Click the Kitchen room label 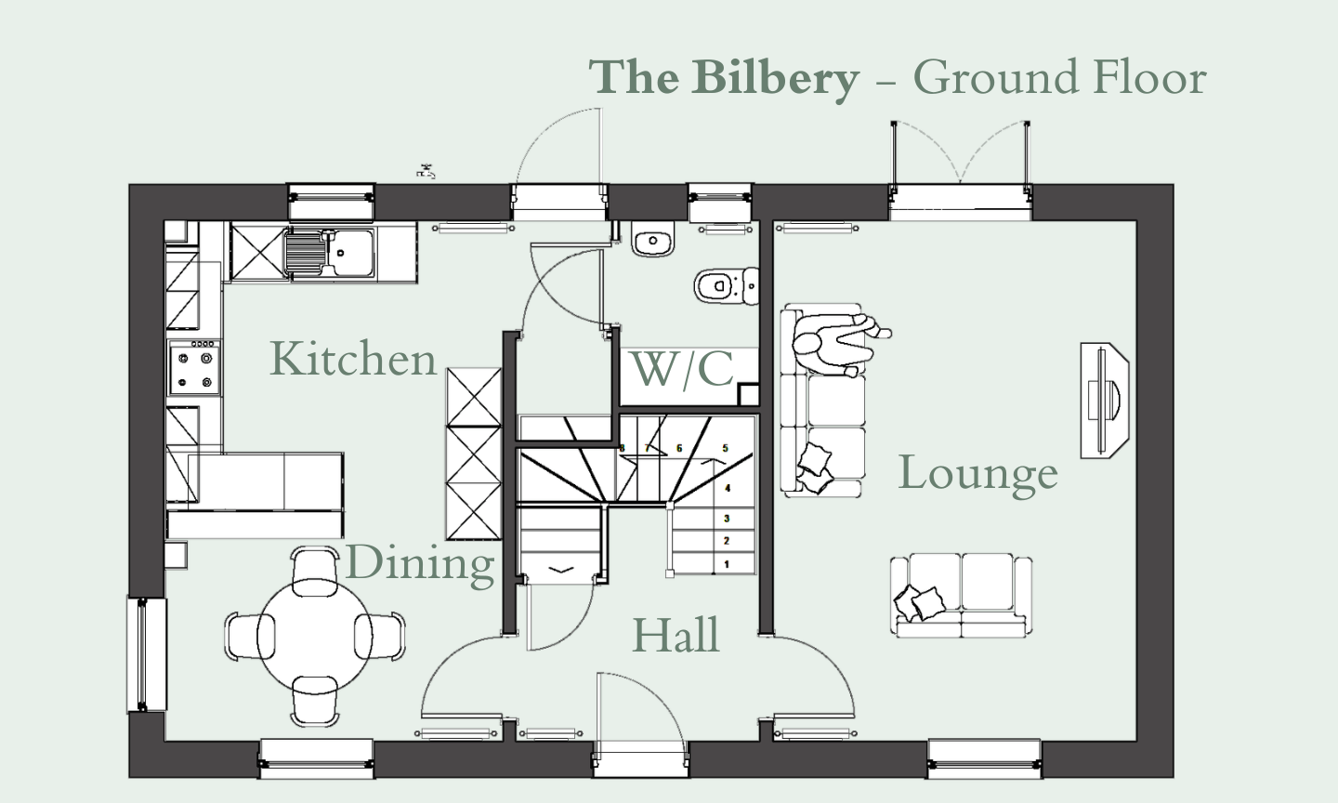[x=353, y=360]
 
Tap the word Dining [x=420, y=563]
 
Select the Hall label [x=676, y=636]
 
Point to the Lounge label [x=977, y=473]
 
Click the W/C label [x=682, y=369]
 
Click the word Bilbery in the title [x=775, y=77]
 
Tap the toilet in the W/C [x=721, y=285]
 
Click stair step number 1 [x=727, y=563]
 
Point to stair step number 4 [x=728, y=487]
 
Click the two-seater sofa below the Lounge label [x=962, y=596]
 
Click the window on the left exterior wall [x=146, y=654]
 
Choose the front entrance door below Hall [x=641, y=716]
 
